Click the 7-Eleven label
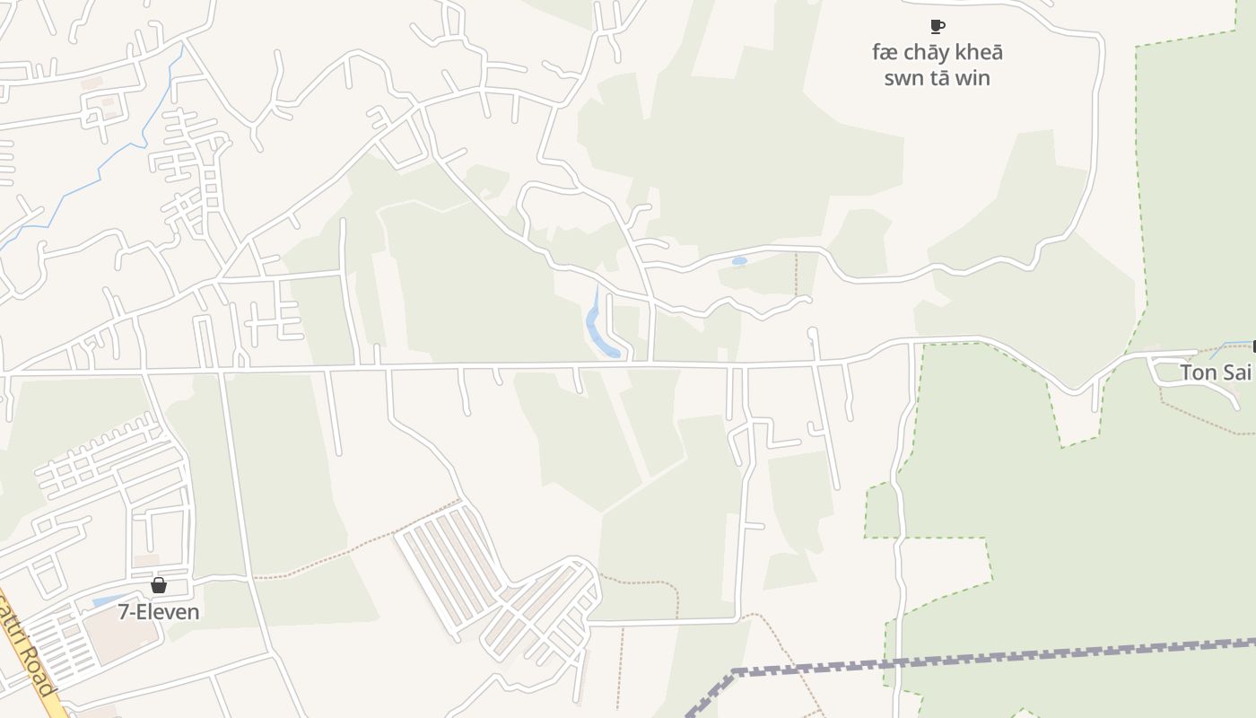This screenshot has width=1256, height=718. coord(159,612)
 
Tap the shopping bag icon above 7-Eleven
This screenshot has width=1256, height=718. coord(159,586)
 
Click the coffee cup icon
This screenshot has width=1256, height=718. coord(938,26)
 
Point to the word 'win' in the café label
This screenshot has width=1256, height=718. coord(973,78)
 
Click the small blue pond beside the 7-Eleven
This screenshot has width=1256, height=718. coord(109,599)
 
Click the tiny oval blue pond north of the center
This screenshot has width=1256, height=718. coord(739,261)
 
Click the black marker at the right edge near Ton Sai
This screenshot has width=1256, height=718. coord(1253,346)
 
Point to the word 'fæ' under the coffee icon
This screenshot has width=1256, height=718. coord(885,53)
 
